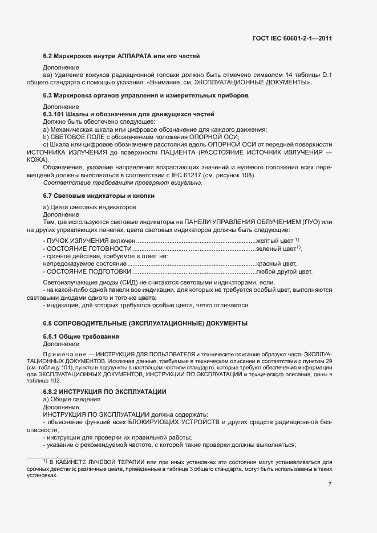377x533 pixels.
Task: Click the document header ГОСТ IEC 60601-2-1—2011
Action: [292, 38]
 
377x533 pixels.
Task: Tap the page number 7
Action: [330, 485]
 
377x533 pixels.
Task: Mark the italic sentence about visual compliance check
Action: [123, 182]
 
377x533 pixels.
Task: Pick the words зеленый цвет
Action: [275, 249]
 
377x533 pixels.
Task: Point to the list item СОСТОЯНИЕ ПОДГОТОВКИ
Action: [83, 271]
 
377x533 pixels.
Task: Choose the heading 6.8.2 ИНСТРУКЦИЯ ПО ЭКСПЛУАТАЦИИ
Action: [105, 392]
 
